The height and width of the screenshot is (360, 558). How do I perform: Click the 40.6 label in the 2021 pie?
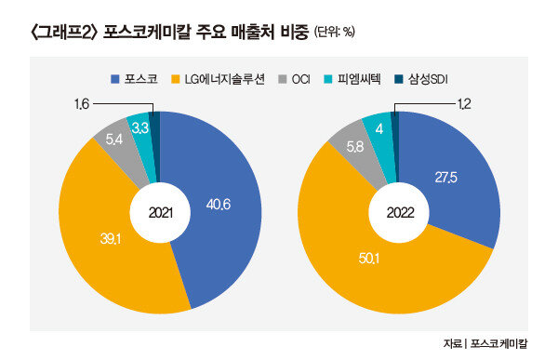pyautogui.click(x=219, y=205)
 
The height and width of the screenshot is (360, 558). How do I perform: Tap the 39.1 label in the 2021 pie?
pyautogui.click(x=111, y=239)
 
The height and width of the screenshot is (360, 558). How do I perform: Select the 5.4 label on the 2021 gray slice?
pyautogui.click(x=113, y=140)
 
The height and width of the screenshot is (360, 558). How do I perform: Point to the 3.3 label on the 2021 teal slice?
pyautogui.click(x=139, y=127)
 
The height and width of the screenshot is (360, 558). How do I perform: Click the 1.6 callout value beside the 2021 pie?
pyautogui.click(x=81, y=104)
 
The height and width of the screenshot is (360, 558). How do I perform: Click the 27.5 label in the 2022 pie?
pyautogui.click(x=445, y=178)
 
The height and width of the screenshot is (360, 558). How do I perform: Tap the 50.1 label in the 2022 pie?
pyautogui.click(x=368, y=259)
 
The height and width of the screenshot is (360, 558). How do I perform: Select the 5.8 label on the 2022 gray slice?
pyautogui.click(x=355, y=147)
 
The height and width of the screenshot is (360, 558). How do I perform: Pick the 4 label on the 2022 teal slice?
pyautogui.click(x=379, y=129)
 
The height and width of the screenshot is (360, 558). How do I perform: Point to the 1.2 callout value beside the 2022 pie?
pyautogui.click(x=463, y=104)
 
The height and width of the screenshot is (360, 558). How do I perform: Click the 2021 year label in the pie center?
pyautogui.click(x=161, y=213)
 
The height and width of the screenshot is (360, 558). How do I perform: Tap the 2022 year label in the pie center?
pyautogui.click(x=400, y=213)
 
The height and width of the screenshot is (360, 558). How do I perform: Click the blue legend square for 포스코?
pyautogui.click(x=115, y=79)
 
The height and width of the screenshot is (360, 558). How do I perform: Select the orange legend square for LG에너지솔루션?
pyautogui.click(x=176, y=79)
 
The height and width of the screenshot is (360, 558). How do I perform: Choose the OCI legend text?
pyautogui.click(x=300, y=79)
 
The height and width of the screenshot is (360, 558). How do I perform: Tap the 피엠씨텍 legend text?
pyautogui.click(x=358, y=79)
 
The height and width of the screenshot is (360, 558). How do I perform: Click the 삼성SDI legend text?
pyautogui.click(x=428, y=79)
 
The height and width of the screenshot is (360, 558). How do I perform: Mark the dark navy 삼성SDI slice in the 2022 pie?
pyautogui.click(x=394, y=146)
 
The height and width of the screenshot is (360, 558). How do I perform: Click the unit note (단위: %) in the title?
pyautogui.click(x=335, y=33)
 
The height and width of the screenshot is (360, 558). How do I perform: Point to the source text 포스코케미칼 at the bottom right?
pyautogui.click(x=498, y=343)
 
